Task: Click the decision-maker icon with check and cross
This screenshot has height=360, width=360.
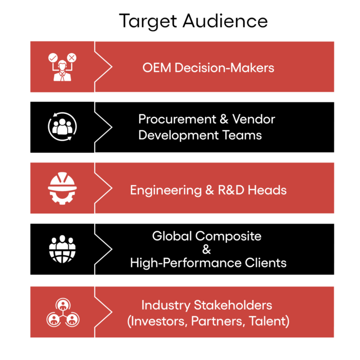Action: pos(62,67)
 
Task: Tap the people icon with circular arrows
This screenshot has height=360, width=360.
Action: pos(62,127)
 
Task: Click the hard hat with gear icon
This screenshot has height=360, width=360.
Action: pos(62,188)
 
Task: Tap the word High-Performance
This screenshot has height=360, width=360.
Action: pos(183,263)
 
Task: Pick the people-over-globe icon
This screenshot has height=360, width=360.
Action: pos(62,248)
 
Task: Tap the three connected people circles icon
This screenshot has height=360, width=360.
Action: pos(62,312)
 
